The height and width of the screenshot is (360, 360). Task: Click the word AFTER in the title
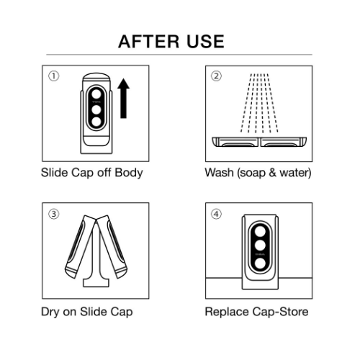[149, 42]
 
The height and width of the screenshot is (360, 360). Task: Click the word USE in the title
[205, 42]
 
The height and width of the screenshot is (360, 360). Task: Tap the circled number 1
[53, 76]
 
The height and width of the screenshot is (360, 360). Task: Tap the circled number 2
[216, 76]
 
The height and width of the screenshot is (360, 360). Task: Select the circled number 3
[53, 214]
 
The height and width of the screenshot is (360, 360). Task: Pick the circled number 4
[216, 214]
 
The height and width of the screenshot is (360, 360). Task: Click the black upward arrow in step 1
[123, 99]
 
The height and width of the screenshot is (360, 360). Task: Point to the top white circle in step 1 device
[96, 94]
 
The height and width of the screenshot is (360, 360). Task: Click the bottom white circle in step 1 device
[96, 122]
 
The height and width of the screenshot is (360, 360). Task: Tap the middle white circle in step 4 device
[260, 246]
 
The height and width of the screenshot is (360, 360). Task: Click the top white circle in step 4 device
[260, 232]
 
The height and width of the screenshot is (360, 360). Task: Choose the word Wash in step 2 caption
[219, 173]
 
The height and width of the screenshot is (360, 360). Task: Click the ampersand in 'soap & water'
[272, 173]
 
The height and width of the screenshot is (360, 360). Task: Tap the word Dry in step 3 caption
[50, 312]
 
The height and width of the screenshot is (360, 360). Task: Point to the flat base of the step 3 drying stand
[96, 283]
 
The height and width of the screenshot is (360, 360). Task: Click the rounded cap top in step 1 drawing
[96, 77]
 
